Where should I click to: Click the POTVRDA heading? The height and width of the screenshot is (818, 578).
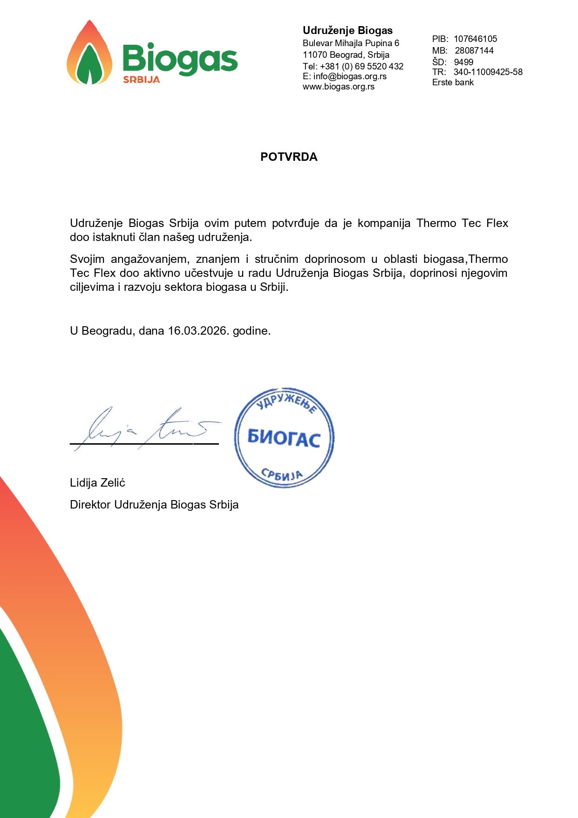[289, 157]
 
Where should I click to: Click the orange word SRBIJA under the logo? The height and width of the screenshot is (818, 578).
[141, 80]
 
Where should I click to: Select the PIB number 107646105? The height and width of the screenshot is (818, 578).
[475, 39]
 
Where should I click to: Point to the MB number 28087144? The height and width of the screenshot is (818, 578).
[474, 51]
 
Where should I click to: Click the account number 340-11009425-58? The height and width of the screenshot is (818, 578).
[488, 72]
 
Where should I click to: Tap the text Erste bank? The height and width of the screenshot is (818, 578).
[453, 82]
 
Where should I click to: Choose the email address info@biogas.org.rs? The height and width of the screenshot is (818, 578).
[350, 76]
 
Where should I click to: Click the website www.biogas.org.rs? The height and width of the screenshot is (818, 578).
[339, 87]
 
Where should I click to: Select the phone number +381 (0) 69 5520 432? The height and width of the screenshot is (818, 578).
[361, 66]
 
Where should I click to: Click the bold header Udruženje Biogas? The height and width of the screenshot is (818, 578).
[347, 31]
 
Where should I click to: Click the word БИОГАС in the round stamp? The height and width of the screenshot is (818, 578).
[284, 438]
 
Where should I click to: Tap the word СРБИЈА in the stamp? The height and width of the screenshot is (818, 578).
[282, 474]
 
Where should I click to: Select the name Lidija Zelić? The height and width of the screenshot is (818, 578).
[97, 483]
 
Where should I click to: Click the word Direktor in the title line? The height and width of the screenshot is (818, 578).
[90, 505]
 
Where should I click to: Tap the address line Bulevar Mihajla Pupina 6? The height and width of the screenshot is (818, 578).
[351, 43]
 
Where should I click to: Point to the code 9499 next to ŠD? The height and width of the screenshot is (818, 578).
[463, 62]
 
